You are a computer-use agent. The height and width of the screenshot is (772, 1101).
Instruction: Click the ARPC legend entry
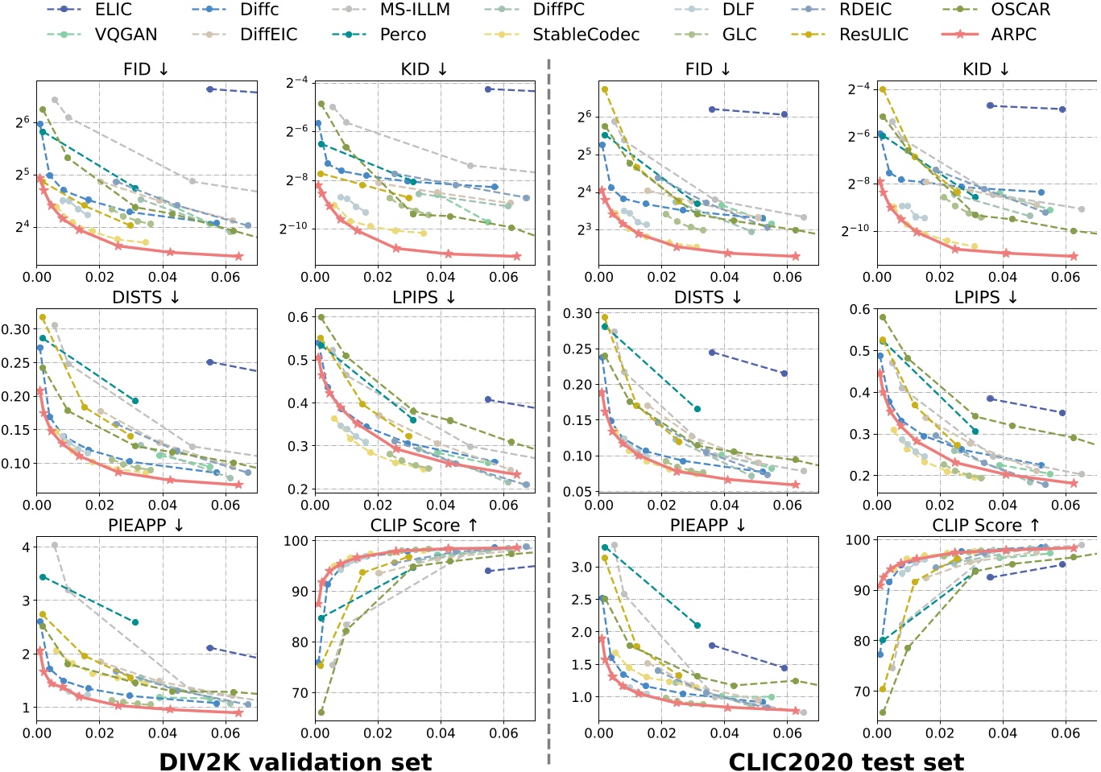1013,35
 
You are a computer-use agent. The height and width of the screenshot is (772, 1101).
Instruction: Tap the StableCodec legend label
586,35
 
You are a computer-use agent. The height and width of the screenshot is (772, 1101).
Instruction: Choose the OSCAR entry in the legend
1020,10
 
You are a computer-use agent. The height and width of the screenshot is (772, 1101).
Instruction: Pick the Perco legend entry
403,35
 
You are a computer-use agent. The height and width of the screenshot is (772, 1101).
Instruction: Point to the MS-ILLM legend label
415,10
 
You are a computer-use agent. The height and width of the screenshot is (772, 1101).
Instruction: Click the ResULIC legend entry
873,35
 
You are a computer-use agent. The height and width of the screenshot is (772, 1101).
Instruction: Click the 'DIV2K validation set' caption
295,761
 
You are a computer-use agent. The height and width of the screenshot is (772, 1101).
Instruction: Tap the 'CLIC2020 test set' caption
846,761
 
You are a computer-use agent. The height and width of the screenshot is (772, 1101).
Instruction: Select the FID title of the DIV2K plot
146,69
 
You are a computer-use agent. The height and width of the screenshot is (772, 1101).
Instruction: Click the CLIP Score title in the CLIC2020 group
986,525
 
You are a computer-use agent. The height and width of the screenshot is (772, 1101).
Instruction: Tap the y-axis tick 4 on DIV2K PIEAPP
27,547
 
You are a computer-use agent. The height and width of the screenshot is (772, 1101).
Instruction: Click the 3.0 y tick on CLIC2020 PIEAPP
582,567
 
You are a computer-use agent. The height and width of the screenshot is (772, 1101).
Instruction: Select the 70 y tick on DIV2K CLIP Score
299,693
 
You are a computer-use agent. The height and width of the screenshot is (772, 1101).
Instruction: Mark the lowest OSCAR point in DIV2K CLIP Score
321,712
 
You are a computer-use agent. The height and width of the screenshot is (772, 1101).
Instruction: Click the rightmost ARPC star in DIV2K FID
238,257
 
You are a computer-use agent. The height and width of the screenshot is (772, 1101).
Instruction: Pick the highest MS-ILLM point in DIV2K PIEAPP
55,546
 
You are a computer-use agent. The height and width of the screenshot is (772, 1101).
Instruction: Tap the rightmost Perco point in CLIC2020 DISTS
697,409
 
